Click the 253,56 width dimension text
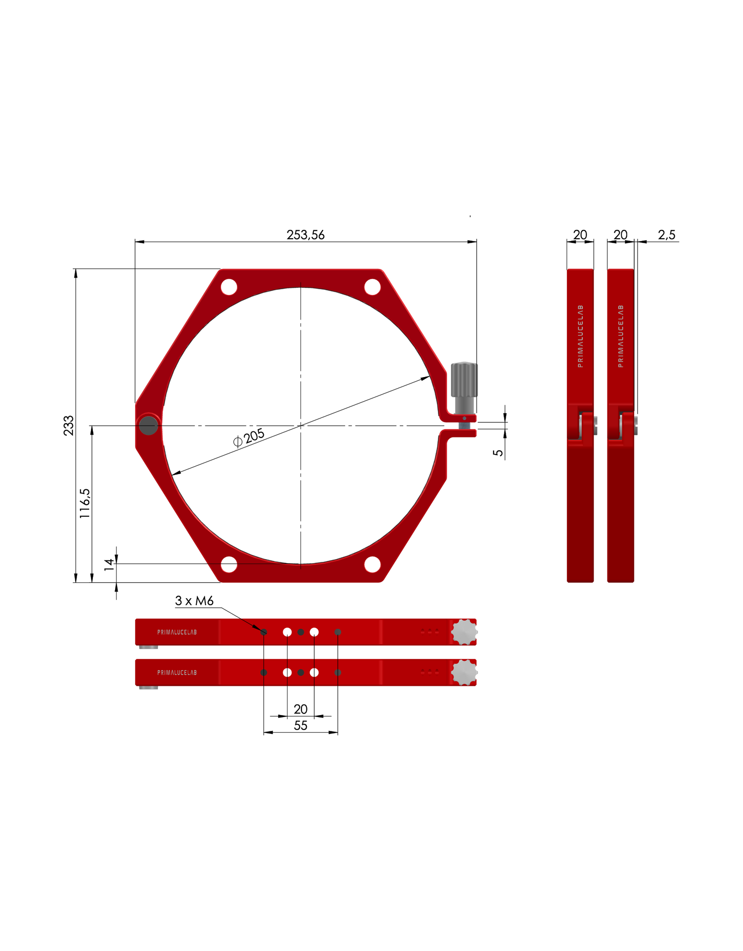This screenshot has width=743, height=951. point(305,235)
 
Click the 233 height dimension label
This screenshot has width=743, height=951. point(69,425)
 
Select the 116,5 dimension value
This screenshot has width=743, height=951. point(85,503)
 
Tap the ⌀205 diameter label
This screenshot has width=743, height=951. point(249,437)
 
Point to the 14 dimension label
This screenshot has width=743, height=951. point(109,565)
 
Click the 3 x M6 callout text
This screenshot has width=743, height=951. point(194,601)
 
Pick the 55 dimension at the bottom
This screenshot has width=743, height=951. point(300,725)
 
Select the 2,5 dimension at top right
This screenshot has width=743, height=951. point(666,235)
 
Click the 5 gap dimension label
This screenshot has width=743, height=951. point(498,453)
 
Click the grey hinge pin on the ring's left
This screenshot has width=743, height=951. point(149,425)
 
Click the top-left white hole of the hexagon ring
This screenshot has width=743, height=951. point(229,287)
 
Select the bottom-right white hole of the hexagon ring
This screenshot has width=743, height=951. point(372,564)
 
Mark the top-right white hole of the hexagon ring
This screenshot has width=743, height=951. point(372,287)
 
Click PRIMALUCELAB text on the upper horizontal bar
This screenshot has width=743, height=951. point(177,632)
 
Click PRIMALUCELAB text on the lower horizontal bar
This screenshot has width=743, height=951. point(177,672)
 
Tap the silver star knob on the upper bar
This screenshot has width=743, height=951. point(464,632)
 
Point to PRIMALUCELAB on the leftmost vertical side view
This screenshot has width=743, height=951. point(580,336)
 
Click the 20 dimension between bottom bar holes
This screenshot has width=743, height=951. point(300,709)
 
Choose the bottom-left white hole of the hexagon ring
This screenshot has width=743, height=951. point(229,564)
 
